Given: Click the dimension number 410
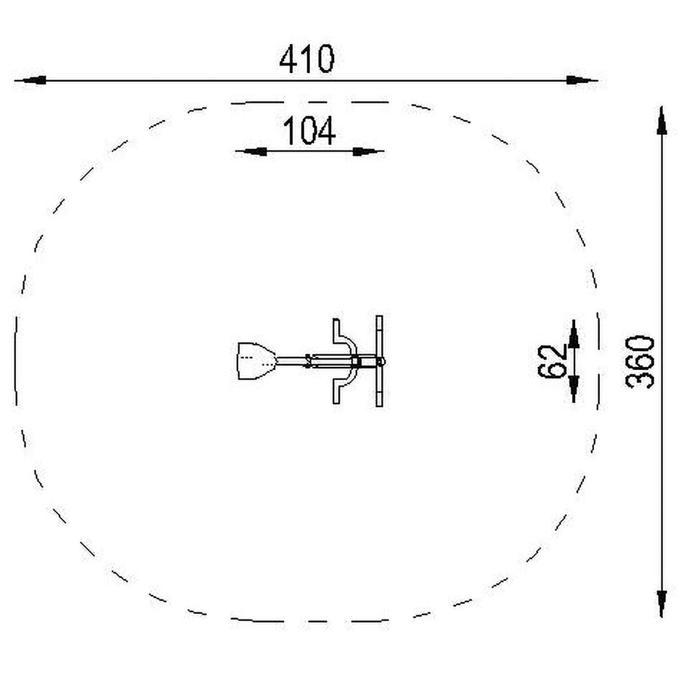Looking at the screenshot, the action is [307, 59].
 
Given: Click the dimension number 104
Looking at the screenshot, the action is [309, 131].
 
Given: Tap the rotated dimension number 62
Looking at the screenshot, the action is [551, 361].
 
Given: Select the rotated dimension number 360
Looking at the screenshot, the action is [640, 362].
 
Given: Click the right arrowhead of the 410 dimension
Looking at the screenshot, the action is [579, 80].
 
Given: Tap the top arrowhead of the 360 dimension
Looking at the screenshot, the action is [662, 121].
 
